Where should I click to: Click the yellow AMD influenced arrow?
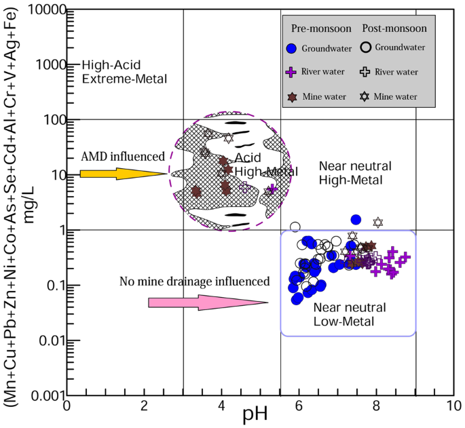122,174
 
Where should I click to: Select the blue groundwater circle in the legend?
291,49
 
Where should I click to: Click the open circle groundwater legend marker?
366,47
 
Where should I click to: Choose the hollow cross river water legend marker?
366,72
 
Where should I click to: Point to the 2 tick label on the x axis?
144,406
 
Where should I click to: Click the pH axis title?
256,414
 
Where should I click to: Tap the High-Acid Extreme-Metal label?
124,72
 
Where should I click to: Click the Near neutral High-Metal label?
352,173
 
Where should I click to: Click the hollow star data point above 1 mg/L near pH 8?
378,222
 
